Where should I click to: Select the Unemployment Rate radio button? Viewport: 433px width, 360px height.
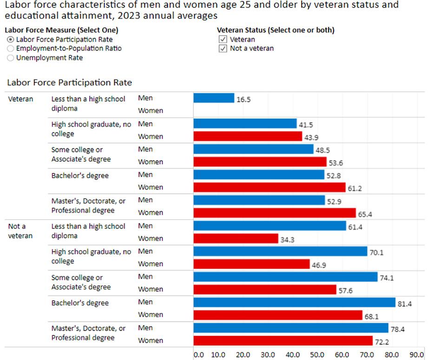pyautogui.click(x=10, y=58)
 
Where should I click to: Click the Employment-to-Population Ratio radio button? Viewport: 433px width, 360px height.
pyautogui.click(x=10, y=48)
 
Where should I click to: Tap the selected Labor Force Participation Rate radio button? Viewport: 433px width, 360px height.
pyautogui.click(x=10, y=40)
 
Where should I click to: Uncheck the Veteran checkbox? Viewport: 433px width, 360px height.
pyautogui.click(x=223, y=40)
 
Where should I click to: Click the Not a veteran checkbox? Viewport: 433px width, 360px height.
pyautogui.click(x=223, y=49)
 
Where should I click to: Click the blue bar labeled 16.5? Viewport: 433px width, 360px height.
pyautogui.click(x=214, y=98)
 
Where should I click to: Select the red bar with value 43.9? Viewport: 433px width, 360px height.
pyautogui.click(x=248, y=136)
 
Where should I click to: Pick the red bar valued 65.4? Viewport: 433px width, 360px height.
pyautogui.click(x=275, y=213)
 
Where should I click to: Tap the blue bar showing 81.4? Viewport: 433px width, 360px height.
pyautogui.click(x=295, y=302)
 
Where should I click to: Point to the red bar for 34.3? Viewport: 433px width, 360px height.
pyautogui.click(x=236, y=238)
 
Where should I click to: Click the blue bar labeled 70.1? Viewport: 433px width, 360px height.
pyautogui.click(x=280, y=251)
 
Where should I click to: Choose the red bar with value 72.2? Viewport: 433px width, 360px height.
pyautogui.click(x=283, y=340)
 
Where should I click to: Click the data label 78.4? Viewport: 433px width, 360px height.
pyautogui.click(x=398, y=329)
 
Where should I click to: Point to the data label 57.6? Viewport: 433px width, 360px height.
pyautogui.click(x=346, y=291)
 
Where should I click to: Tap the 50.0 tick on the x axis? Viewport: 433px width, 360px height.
pyautogui.click(x=317, y=355)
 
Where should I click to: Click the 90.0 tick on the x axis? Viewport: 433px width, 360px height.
pyautogui.click(x=417, y=355)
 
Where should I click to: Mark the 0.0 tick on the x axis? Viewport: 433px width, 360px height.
pyautogui.click(x=199, y=355)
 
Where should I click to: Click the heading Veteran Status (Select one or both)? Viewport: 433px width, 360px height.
pyautogui.click(x=276, y=30)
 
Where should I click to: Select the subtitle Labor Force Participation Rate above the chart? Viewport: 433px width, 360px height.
pyautogui.click(x=70, y=82)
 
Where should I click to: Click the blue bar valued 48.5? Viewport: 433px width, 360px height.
pyautogui.click(x=254, y=149)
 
